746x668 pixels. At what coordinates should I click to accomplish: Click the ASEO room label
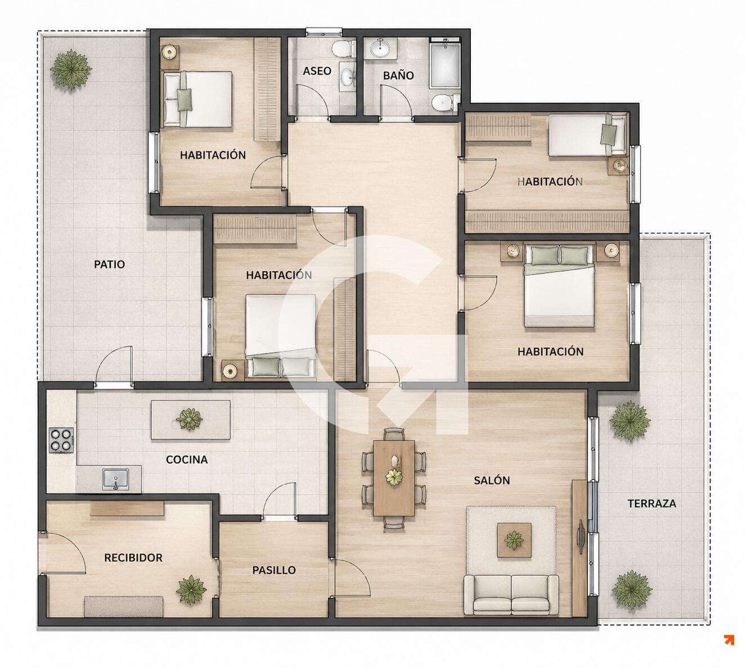317,71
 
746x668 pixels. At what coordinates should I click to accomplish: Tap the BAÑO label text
398,75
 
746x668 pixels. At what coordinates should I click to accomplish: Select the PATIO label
109,264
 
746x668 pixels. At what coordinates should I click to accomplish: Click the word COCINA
187,459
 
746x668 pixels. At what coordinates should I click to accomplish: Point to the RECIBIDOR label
133,558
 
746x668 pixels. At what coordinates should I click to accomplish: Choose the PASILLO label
274,570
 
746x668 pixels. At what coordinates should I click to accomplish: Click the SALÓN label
492,480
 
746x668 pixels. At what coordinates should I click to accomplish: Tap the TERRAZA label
651,503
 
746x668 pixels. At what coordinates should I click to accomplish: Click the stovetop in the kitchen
61,440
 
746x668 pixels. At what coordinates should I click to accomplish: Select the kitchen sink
116,479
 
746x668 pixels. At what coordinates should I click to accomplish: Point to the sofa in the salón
511,595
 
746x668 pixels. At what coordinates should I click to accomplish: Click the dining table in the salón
394,478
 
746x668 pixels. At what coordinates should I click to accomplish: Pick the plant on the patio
71,70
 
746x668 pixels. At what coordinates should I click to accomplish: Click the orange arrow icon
729,640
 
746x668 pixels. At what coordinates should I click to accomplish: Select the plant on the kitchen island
189,419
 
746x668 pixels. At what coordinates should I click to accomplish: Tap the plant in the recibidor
191,590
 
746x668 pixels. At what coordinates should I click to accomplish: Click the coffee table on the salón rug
514,540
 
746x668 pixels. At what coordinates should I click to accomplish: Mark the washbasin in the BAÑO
380,48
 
